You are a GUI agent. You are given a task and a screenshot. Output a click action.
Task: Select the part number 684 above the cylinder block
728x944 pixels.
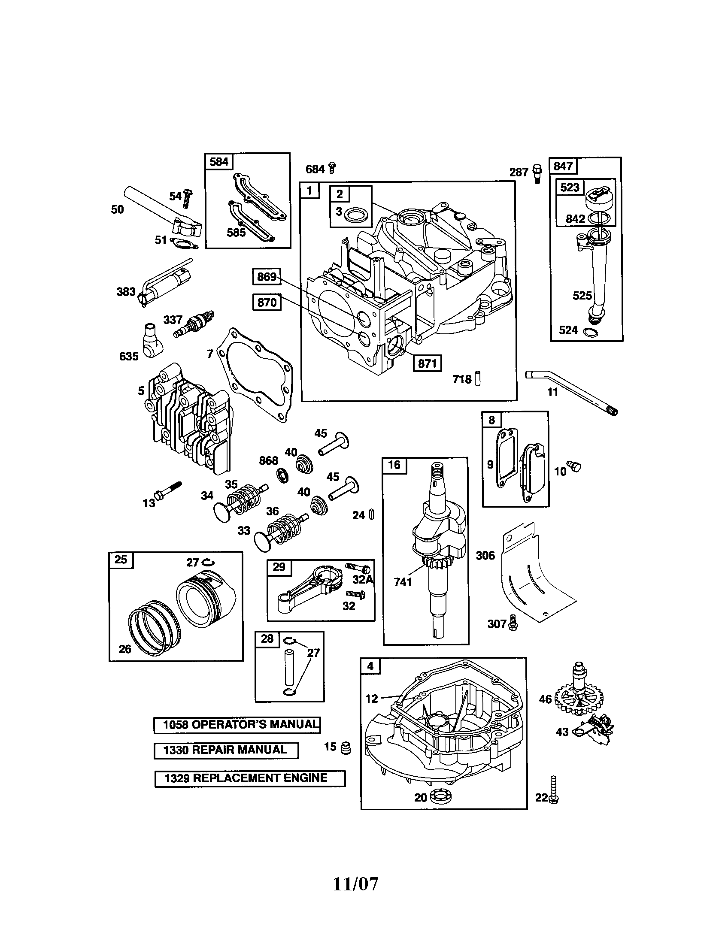tap(315, 169)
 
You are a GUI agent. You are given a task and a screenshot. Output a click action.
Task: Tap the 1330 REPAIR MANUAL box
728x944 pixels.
tap(226, 750)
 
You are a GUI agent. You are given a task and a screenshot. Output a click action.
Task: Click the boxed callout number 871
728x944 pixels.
tap(427, 363)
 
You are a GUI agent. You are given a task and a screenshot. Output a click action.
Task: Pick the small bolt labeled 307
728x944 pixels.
tap(513, 623)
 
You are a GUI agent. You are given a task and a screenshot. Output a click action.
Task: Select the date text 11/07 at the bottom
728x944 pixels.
tap(355, 884)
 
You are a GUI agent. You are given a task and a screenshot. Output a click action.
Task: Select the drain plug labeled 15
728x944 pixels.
tap(346, 748)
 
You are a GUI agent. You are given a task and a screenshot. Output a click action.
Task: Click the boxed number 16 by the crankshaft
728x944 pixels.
tap(394, 465)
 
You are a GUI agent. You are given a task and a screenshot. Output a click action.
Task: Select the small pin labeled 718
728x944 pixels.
tap(477, 378)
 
